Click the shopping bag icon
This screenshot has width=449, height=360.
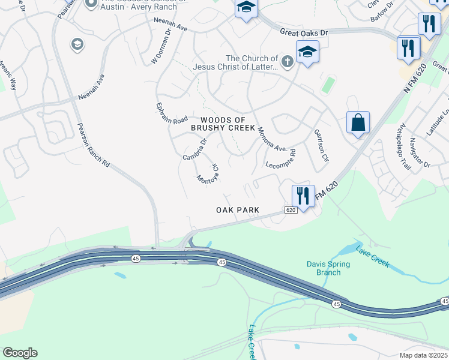click(x=358, y=123)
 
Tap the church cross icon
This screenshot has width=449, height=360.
click(x=287, y=61)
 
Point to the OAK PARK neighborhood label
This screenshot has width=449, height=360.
click(x=238, y=210)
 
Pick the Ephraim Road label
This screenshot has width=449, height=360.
click(x=172, y=112)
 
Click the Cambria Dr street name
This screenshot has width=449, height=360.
click(x=195, y=149)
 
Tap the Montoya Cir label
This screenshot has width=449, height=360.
click(x=208, y=173)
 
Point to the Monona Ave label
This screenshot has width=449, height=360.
click(x=271, y=139)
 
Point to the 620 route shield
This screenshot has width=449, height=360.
click(x=291, y=210)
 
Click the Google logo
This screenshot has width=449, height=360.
click(x=20, y=353)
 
